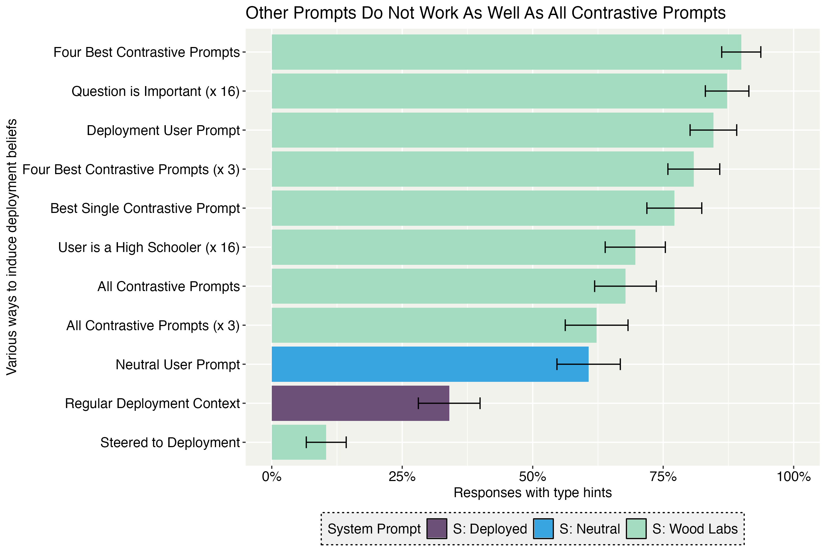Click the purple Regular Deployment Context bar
[x=360, y=403]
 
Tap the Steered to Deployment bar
[x=299, y=442]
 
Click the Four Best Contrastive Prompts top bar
[x=506, y=52]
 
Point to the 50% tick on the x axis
[x=532, y=477]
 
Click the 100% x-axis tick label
[x=793, y=477]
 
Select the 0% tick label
[x=272, y=477]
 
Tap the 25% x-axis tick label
[x=402, y=477]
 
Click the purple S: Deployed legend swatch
[x=436, y=529]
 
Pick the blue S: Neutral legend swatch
[x=543, y=529]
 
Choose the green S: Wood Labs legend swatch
[x=636, y=529]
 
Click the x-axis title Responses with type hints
[x=532, y=493]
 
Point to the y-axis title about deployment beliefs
[x=12, y=247]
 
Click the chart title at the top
[x=485, y=13]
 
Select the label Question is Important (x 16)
[x=155, y=91]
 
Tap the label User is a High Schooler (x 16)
[x=149, y=247]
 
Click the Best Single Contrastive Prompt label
[x=145, y=208]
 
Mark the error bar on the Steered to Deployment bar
[x=326, y=442]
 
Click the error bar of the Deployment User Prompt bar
[x=713, y=130]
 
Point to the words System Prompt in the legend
[x=374, y=529]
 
